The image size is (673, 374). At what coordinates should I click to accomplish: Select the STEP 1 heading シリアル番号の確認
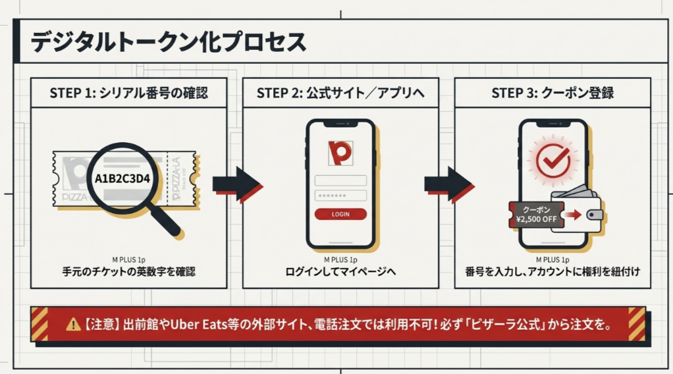128,93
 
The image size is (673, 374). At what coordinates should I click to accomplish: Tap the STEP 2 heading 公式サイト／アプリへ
340,93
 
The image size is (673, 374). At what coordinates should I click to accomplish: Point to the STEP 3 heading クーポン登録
552,93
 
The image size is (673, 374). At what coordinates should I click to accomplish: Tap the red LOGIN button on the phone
340,214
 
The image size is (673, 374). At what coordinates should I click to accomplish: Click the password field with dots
340,196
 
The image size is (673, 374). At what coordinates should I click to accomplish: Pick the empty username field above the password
340,180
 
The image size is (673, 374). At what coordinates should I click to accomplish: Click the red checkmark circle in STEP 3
552,159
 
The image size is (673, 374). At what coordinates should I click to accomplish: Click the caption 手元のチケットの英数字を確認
129,271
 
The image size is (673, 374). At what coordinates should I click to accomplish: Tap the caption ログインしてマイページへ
340,271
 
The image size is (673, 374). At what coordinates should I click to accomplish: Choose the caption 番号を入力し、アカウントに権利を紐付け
552,271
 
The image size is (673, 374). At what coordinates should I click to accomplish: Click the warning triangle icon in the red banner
72,324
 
